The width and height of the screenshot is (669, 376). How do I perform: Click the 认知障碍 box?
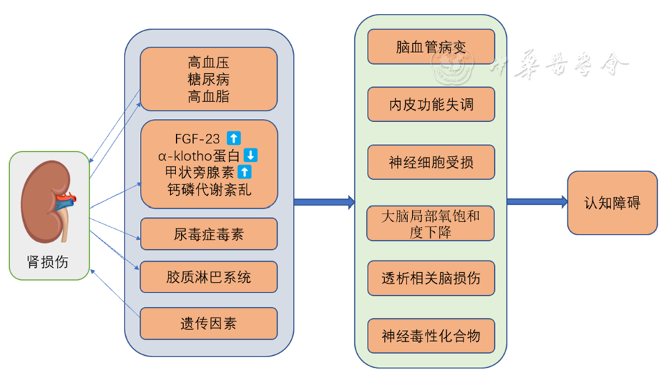pyautogui.click(x=612, y=203)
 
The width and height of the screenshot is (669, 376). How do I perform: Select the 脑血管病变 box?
pyautogui.click(x=431, y=47)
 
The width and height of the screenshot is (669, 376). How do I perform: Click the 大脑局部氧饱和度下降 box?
pyautogui.click(x=431, y=223)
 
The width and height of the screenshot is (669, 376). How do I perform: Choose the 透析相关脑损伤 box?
pyautogui.click(x=431, y=279)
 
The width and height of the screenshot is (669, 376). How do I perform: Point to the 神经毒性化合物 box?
pyautogui.click(x=431, y=336)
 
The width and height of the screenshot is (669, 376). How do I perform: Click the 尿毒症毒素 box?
pyautogui.click(x=209, y=234)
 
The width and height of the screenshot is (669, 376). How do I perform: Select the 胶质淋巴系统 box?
pyautogui.click(x=209, y=277)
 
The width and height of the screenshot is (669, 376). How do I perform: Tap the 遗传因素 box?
pyautogui.click(x=209, y=323)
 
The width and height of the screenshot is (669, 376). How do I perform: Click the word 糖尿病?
pyautogui.click(x=209, y=79)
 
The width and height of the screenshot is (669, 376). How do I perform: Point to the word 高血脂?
pyautogui.click(x=209, y=96)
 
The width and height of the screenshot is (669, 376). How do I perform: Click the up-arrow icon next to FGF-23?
pyautogui.click(x=234, y=139)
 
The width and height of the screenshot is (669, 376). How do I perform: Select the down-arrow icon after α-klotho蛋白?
pyautogui.click(x=251, y=155)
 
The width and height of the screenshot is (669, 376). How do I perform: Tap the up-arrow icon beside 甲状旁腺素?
pyautogui.click(x=244, y=171)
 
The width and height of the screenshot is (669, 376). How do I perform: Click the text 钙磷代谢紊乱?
pyautogui.click(x=209, y=188)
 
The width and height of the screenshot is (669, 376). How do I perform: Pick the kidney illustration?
pyautogui.click(x=49, y=202)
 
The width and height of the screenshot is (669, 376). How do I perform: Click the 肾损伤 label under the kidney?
pyautogui.click(x=49, y=261)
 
